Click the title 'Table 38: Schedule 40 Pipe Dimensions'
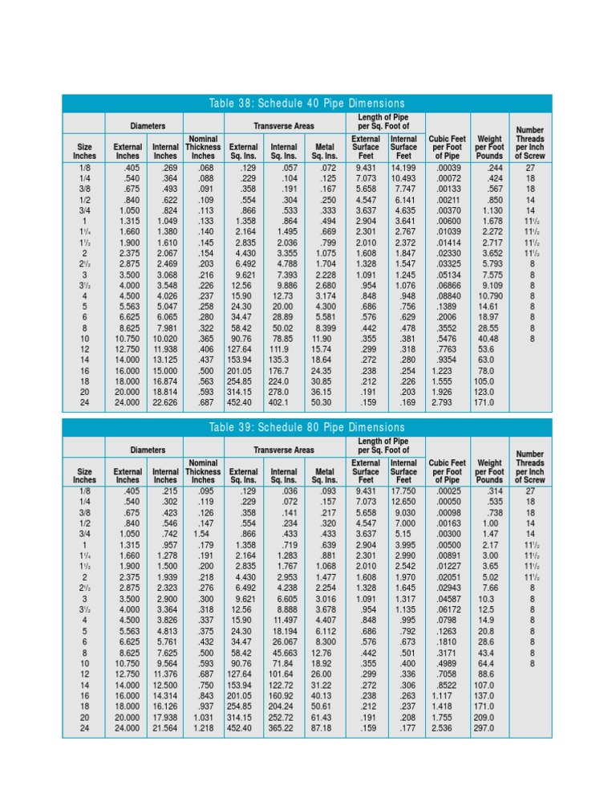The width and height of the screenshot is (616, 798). [x=307, y=104]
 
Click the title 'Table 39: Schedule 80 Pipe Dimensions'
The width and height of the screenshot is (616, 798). [x=307, y=427]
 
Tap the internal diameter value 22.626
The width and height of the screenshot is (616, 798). [x=164, y=402]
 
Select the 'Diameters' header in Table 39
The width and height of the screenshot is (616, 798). [x=146, y=450]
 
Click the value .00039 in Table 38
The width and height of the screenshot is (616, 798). [x=444, y=167]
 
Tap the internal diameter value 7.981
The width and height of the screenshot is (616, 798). [x=164, y=328]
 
